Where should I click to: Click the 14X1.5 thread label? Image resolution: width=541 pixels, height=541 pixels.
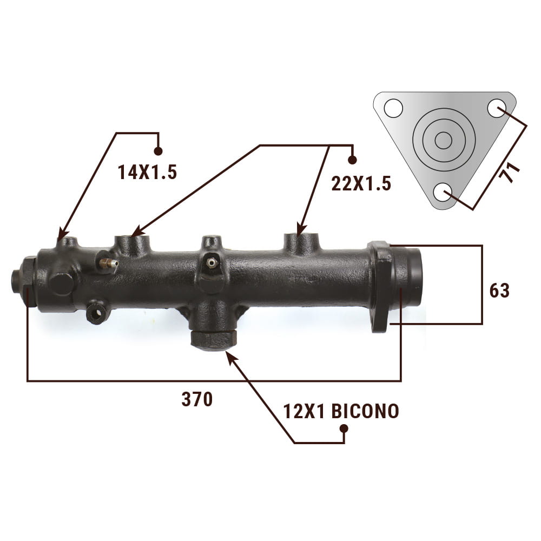pos(147,172)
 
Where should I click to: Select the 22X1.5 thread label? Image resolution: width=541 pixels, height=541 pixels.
pos(361,183)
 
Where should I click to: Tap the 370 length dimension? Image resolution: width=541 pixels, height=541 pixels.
pos(197,399)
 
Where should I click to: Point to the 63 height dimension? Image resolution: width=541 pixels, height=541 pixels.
pos(499,291)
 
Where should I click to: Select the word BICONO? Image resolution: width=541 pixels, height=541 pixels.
pos(365,411)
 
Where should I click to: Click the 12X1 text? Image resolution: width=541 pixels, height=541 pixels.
pos(304,411)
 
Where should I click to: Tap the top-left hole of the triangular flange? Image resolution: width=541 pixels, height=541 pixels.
pos(393,108)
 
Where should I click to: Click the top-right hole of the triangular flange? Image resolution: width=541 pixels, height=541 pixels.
pos(497,108)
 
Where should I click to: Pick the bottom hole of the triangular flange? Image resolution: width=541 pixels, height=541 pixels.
pos(443,192)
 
